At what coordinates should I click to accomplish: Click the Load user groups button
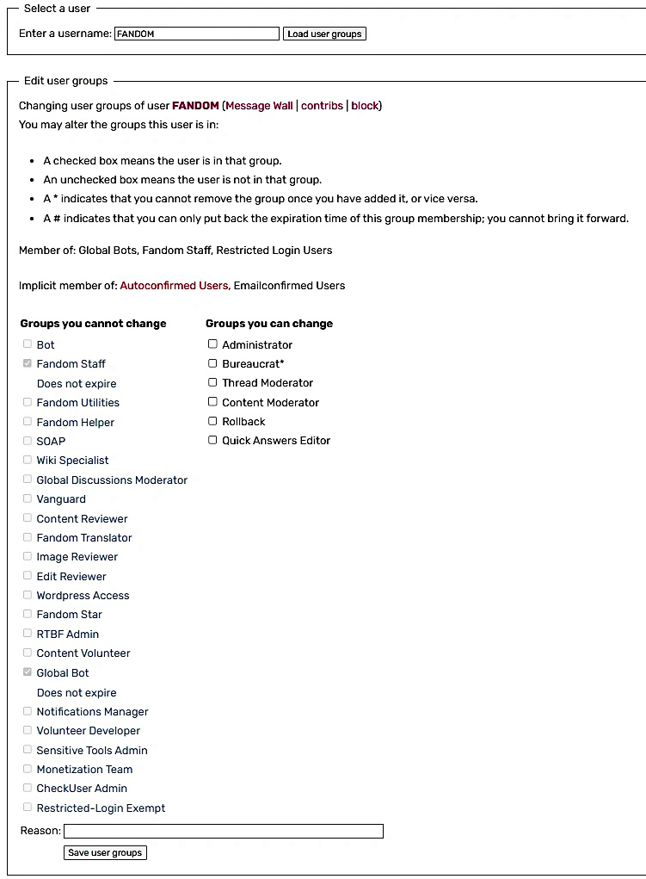pyautogui.click(x=324, y=34)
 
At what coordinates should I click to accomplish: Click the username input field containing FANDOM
pyautogui.click(x=197, y=34)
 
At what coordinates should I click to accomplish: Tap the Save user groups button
pyautogui.click(x=105, y=852)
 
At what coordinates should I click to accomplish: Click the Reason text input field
pyautogui.click(x=224, y=831)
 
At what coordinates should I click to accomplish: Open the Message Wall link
pyautogui.click(x=259, y=106)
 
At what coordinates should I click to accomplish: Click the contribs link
pyautogui.click(x=322, y=106)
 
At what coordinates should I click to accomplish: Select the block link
pyautogui.click(x=365, y=106)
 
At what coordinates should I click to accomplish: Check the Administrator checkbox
pyautogui.click(x=212, y=344)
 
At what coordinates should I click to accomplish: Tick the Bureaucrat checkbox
pyautogui.click(x=212, y=363)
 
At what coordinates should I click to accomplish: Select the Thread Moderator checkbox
pyautogui.click(x=212, y=382)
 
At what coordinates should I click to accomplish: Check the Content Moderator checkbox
pyautogui.click(x=212, y=402)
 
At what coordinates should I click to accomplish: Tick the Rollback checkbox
pyautogui.click(x=212, y=421)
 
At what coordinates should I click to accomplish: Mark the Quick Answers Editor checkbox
pyautogui.click(x=212, y=440)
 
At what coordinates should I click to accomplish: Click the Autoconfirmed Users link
pyautogui.click(x=174, y=285)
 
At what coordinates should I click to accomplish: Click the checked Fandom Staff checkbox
pyautogui.click(x=28, y=363)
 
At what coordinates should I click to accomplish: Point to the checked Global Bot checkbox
pyautogui.click(x=28, y=672)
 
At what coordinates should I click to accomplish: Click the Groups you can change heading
pyautogui.click(x=269, y=324)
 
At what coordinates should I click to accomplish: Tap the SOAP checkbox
pyautogui.click(x=28, y=441)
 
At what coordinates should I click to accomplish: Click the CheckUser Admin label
pyautogui.click(x=82, y=788)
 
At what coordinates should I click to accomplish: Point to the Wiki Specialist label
pyautogui.click(x=72, y=461)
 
